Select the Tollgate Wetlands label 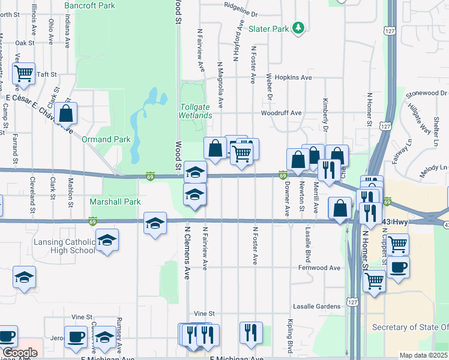click(196, 111)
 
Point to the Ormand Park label click(106, 139)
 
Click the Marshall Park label click(115, 202)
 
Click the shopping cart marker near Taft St click(23, 74)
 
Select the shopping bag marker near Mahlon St click(66, 113)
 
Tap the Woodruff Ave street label click(281, 113)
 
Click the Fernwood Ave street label click(324, 268)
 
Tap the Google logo click(20, 353)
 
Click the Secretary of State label click(410, 327)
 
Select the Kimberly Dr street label click(326, 115)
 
